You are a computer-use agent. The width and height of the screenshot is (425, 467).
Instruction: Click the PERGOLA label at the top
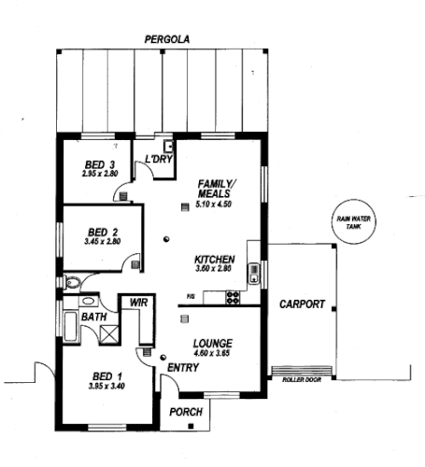click(166, 40)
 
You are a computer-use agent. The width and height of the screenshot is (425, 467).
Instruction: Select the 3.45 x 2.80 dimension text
click(102, 242)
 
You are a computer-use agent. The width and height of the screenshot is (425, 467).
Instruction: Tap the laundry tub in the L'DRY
click(169, 146)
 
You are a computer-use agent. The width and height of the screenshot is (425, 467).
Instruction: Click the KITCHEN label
click(214, 259)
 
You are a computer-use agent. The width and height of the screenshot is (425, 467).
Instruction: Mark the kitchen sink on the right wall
click(253, 274)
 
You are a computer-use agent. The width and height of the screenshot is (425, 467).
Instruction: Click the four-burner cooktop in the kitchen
click(232, 298)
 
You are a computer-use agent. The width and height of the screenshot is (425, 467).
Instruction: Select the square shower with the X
click(106, 333)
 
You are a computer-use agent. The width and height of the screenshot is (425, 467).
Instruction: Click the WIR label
click(140, 303)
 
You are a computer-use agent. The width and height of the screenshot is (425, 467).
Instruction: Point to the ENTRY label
click(182, 368)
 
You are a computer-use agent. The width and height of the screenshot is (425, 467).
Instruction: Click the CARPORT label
click(302, 304)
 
